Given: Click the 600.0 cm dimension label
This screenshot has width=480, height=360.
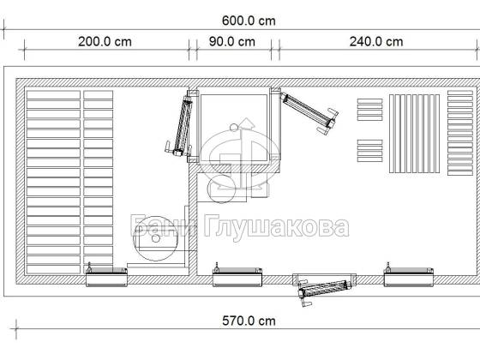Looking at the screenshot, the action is pyautogui.click(x=249, y=21).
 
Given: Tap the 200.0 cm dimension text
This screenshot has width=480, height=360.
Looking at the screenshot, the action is pyautogui.click(x=105, y=42).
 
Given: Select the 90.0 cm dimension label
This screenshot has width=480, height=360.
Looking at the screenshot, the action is pyautogui.click(x=232, y=42).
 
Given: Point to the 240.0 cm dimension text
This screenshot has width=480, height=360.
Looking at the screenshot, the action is pyautogui.click(x=376, y=42).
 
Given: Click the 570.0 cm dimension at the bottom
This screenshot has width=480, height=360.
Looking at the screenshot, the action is pyautogui.click(x=249, y=321).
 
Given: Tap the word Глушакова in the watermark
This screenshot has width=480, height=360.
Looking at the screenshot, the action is pyautogui.click(x=276, y=227).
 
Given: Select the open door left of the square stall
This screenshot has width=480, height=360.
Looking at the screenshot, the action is pyautogui.click(x=180, y=125).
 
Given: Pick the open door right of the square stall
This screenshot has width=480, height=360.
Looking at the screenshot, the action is pyautogui.click(x=309, y=112).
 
